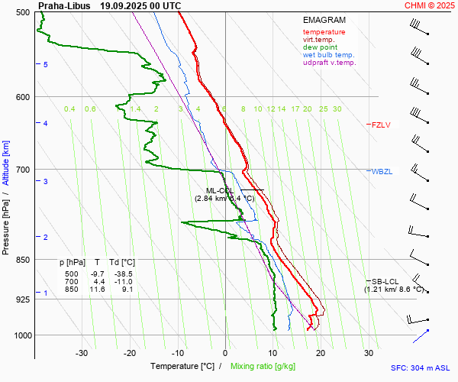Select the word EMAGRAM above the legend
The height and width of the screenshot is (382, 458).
pos(325,21)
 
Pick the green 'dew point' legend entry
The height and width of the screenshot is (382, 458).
pos(320,47)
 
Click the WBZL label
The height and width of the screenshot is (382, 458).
pos(382,171)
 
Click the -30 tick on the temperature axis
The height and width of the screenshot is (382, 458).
pos(82,353)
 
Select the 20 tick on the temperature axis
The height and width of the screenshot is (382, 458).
pos(321,353)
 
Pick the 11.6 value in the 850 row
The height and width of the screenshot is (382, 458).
pos(97,290)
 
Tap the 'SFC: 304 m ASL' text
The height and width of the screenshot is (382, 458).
pos(420,367)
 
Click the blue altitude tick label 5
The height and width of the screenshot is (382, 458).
pos(46,65)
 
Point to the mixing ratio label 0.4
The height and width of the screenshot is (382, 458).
pos(69,109)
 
